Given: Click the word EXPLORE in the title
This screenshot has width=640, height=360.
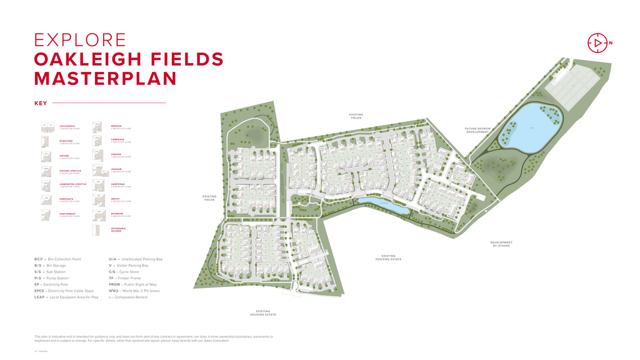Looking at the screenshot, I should (x=80, y=40).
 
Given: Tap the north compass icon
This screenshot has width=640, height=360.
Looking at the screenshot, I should (x=597, y=42).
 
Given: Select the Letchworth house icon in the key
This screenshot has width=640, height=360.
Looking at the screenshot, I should (x=47, y=127).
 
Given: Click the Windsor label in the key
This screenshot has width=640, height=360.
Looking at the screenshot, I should (x=116, y=126).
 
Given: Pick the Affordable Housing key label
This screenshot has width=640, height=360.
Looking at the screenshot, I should (x=118, y=229).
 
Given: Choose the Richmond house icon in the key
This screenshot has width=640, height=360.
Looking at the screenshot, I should (x=97, y=215).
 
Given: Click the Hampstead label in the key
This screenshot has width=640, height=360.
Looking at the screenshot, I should (x=117, y=184).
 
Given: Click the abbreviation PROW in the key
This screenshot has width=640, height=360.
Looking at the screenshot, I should (x=115, y=284).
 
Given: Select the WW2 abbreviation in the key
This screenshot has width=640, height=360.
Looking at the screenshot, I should (x=114, y=291).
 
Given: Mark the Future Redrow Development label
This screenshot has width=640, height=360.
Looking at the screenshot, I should (x=477, y=131).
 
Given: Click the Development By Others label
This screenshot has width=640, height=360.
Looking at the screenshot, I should (x=501, y=244).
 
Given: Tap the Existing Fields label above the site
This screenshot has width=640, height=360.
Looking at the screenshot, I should (x=356, y=116).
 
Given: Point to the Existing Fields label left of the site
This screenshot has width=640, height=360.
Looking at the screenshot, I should (x=209, y=198).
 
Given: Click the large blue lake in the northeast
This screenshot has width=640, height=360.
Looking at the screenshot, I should (x=531, y=128).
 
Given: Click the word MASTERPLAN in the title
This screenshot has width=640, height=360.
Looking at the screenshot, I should (x=105, y=78).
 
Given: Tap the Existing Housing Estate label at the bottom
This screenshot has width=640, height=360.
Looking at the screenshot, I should (x=262, y=312).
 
